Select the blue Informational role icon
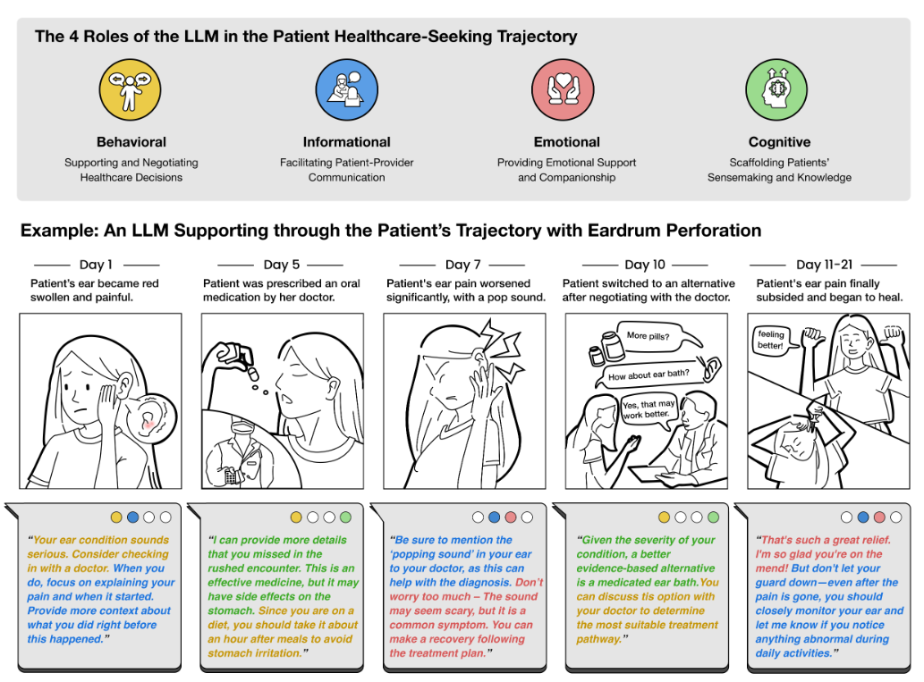[346, 89]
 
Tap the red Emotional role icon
[563, 89]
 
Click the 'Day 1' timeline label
[97, 265]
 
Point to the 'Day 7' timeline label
[462, 265]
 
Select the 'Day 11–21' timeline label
[823, 265]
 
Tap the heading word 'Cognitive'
[779, 142]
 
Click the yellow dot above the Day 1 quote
[116, 517]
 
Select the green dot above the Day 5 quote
[345, 517]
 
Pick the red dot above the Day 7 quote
[511, 517]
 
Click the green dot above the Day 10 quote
[713, 517]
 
